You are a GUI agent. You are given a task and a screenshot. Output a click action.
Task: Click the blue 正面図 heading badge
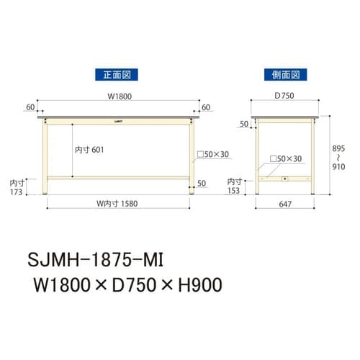point(116,73)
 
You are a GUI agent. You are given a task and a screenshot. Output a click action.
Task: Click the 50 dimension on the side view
point(243,124)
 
